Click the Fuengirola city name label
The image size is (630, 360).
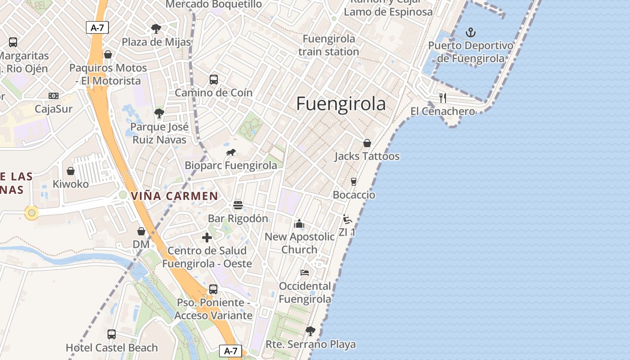point(341,104)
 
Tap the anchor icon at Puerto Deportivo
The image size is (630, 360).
point(471,32)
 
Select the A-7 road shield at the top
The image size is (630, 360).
point(97,27)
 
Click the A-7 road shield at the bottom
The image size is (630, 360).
point(230,351)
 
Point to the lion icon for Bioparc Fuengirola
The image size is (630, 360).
point(231,153)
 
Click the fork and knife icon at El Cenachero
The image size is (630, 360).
point(443,98)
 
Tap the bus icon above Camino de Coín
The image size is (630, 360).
point(214,80)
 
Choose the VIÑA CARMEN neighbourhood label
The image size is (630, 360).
point(175,196)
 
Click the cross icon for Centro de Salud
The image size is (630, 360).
point(207,238)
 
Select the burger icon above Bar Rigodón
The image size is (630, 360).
point(238,205)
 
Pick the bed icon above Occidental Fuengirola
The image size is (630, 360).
point(305,273)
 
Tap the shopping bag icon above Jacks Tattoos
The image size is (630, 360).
point(367,143)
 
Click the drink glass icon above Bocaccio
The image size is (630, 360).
point(354,182)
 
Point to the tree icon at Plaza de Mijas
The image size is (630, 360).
point(156,29)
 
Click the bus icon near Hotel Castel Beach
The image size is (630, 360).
point(112,334)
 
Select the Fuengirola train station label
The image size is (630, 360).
point(328,45)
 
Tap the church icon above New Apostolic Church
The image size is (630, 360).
point(299,224)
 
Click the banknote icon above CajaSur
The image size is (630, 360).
point(54,96)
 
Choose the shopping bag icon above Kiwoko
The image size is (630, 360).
point(71,171)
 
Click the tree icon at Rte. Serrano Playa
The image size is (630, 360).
point(310,332)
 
